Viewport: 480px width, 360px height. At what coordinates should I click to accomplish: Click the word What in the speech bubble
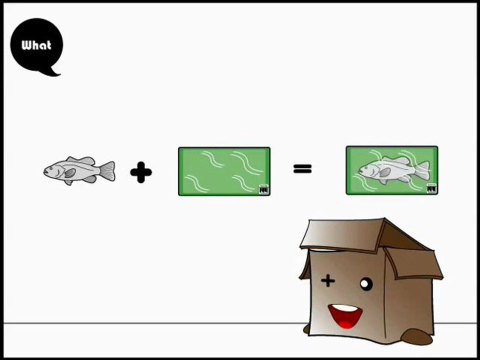click(36, 45)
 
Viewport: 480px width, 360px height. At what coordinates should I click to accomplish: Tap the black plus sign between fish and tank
click(141, 172)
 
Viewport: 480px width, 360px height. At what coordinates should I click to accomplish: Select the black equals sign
click(302, 168)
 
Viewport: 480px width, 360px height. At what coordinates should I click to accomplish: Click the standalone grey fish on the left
click(79, 170)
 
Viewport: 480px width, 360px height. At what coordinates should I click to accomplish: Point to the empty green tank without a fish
click(224, 171)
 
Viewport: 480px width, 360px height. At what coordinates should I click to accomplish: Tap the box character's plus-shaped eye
click(328, 280)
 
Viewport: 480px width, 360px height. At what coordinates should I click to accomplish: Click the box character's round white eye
click(366, 284)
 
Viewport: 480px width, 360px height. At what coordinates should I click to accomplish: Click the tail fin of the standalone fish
click(108, 171)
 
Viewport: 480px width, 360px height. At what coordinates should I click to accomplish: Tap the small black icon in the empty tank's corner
click(263, 189)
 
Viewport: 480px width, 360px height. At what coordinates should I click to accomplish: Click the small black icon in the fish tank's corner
click(431, 188)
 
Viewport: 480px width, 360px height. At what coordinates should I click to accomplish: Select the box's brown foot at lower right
click(416, 336)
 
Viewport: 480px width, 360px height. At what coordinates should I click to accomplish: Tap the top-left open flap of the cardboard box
click(342, 234)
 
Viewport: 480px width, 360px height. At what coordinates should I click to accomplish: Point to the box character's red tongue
click(345, 324)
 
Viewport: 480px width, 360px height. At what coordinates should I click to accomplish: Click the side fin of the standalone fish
click(70, 173)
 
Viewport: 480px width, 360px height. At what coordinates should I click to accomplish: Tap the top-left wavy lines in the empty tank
click(213, 159)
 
